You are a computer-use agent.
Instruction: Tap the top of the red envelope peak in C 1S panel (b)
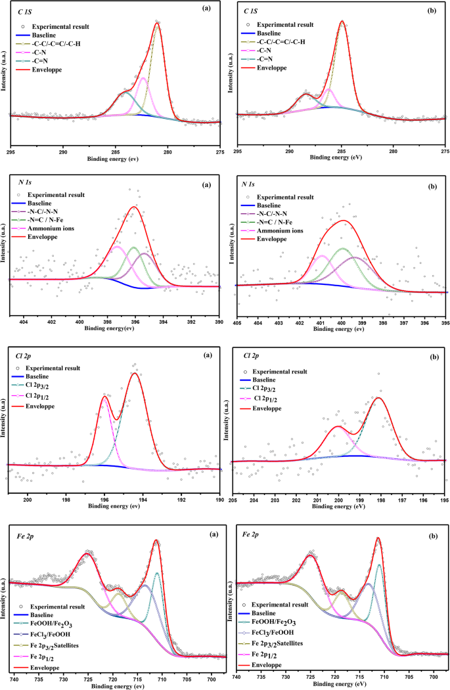(x=342, y=21)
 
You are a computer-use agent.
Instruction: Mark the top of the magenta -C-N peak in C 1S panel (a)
(x=143, y=78)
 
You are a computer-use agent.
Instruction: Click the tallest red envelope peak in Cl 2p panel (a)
(x=135, y=373)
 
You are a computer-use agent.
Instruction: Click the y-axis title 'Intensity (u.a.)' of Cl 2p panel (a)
(x=5, y=418)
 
